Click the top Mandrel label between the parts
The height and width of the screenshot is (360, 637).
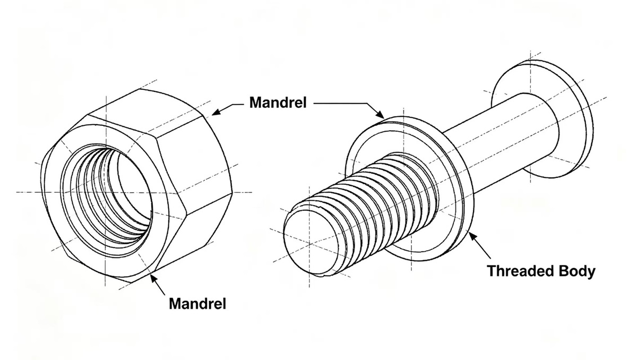coord(278,102)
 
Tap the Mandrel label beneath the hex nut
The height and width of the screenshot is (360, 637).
coord(197,304)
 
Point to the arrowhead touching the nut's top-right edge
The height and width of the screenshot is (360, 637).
coord(217,112)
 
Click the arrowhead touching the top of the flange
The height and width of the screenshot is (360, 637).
coord(380,114)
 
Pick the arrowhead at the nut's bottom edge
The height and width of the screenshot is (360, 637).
coord(154,279)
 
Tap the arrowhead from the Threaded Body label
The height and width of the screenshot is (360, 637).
coord(472,237)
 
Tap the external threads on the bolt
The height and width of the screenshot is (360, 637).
coord(369,210)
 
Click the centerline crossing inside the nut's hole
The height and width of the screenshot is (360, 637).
coord(106,193)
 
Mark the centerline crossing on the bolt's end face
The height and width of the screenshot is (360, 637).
coord(309,244)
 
